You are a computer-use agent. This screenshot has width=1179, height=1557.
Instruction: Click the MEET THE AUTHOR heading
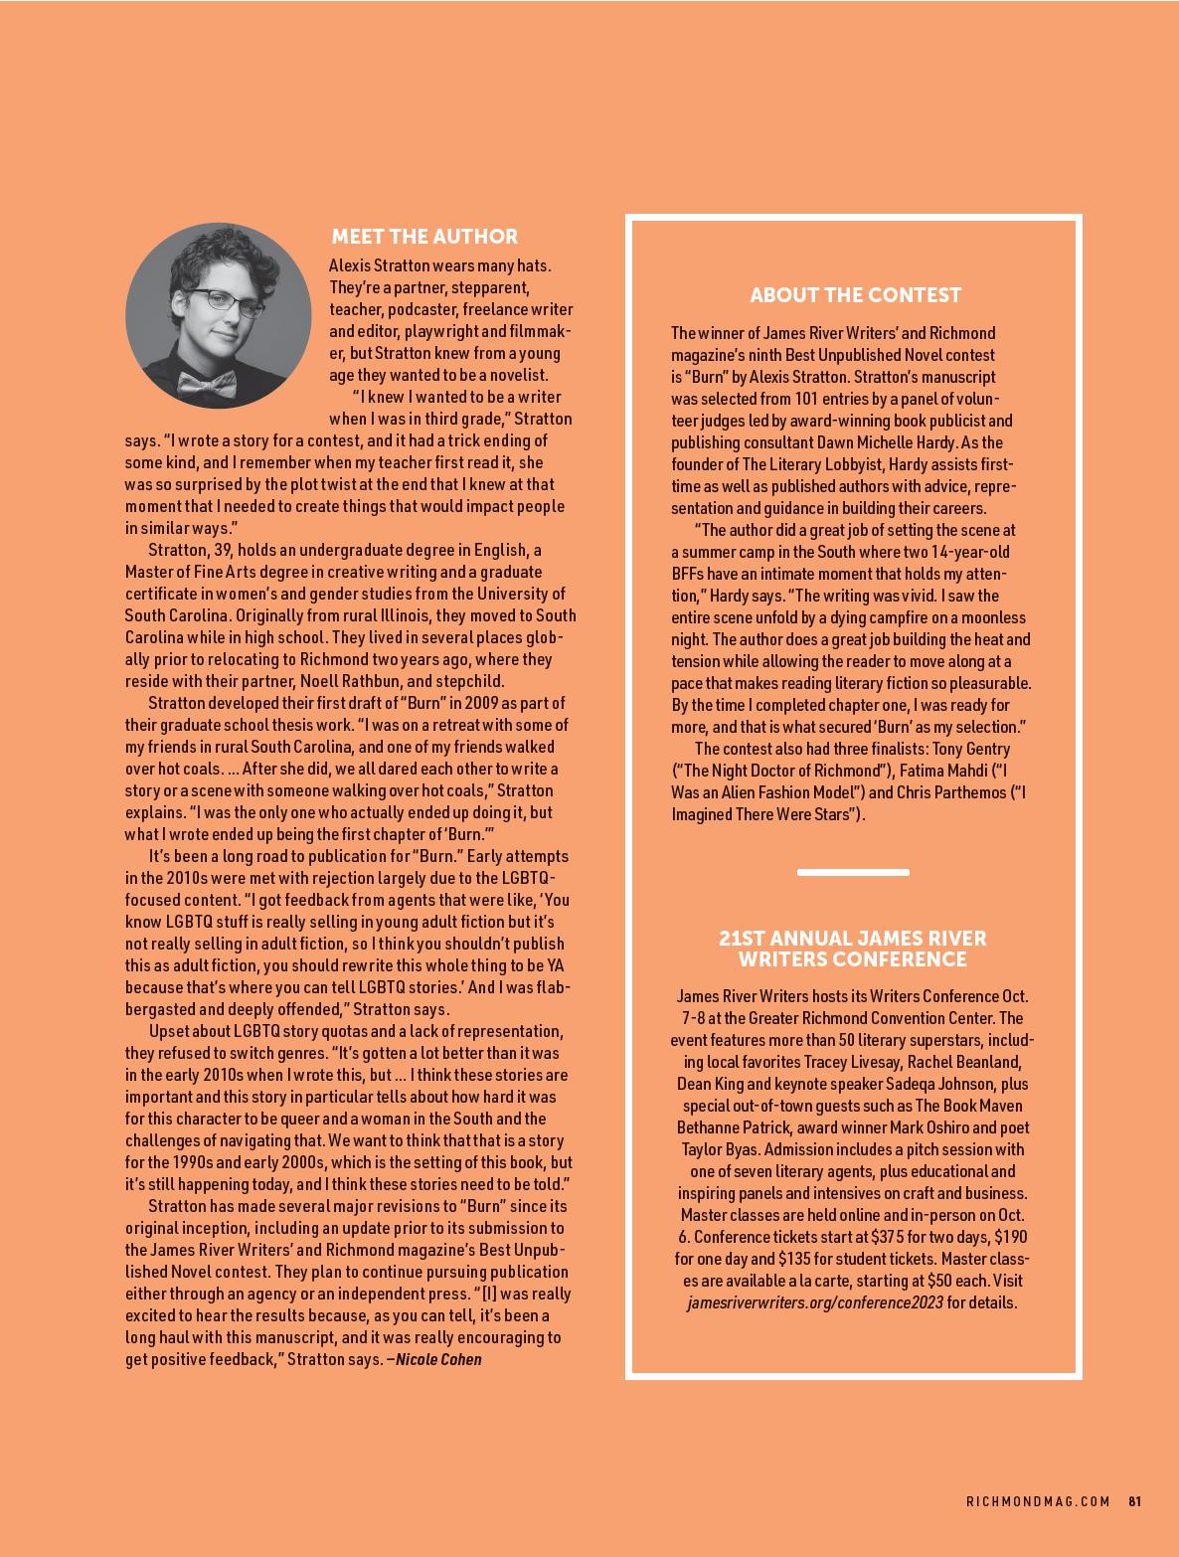pos(424,237)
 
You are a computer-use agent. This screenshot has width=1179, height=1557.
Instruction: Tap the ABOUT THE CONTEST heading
pos(855,295)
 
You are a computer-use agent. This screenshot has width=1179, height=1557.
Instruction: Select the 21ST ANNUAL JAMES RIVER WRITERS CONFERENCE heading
pos(853,949)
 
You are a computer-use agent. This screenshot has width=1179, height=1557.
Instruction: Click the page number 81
pos(1134,1501)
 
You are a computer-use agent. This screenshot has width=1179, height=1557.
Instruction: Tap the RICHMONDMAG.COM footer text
pos(1038,1501)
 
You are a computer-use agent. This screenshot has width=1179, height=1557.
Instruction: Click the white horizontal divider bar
pos(853,873)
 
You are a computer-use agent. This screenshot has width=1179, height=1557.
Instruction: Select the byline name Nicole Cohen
pos(438,1359)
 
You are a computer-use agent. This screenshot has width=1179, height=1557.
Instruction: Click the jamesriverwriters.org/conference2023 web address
pos(814,1302)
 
